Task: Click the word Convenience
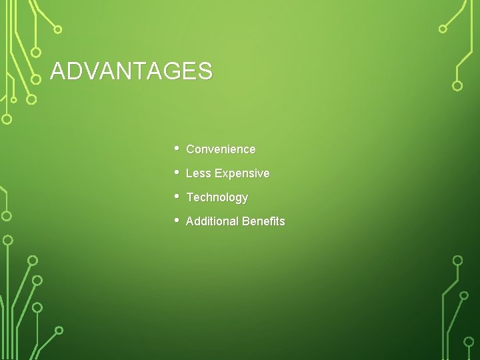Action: pyautogui.click(x=221, y=149)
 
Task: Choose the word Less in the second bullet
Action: pyautogui.click(x=197, y=173)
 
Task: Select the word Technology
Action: pyautogui.click(x=217, y=197)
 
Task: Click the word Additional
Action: pyautogui.click(x=212, y=221)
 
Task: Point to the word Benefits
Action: pyautogui.click(x=263, y=221)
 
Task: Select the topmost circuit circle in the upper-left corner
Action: pyautogui.click(x=58, y=29)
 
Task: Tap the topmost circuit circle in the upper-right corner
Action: pyautogui.click(x=443, y=29)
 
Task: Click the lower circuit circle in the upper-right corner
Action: pyautogui.click(x=457, y=85)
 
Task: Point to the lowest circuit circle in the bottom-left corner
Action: pyautogui.click(x=59, y=330)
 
